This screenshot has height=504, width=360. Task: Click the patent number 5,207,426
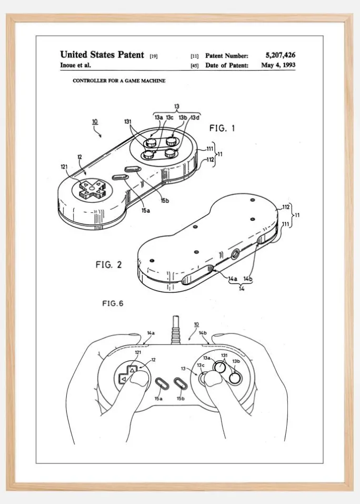tap(281, 55)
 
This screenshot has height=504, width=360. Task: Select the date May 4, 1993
tap(278, 65)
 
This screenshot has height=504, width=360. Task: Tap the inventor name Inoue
tap(68, 65)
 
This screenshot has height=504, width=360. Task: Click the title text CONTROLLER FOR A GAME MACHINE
tap(119, 81)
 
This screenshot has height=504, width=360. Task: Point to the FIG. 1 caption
tap(222, 129)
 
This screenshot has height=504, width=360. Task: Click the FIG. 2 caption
tap(108, 264)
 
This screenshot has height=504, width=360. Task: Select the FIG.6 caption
tap(113, 303)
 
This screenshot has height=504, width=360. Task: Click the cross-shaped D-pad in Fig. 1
tap(91, 189)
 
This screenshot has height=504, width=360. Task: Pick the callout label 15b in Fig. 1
tap(165, 201)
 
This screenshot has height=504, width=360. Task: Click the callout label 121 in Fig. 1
tap(64, 166)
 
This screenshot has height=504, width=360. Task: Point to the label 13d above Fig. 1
tap(195, 117)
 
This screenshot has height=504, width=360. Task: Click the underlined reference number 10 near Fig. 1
tap(95, 122)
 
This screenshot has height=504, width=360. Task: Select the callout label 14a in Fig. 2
tap(233, 279)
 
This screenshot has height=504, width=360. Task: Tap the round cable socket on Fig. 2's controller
tap(235, 254)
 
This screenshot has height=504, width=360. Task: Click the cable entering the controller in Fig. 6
tap(176, 330)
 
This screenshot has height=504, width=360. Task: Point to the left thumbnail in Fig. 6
tap(139, 381)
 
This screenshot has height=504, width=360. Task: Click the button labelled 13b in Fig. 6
tap(235, 379)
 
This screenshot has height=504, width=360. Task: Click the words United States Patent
tap(102, 55)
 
